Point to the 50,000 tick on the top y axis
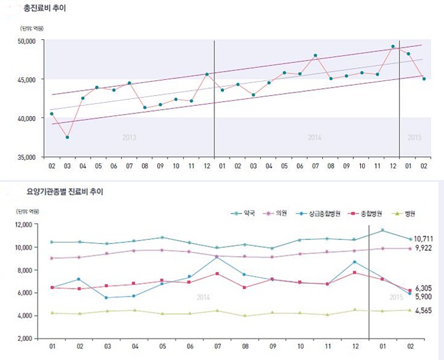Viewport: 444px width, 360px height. [26, 41]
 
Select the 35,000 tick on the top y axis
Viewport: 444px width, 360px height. [26, 157]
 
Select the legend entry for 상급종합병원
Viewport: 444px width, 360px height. [324, 214]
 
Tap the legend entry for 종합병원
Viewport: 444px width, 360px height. [371, 214]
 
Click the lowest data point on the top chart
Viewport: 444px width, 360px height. [67, 138]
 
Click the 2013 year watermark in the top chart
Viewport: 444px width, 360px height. [129, 138]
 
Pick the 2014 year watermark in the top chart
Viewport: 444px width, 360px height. [315, 138]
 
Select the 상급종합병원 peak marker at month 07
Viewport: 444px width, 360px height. [218, 257]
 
